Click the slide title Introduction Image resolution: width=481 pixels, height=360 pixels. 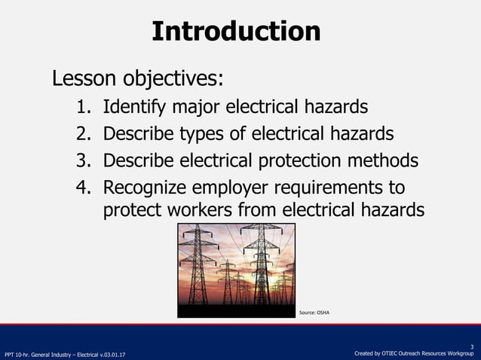click(236, 31)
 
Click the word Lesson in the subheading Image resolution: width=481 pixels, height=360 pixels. click(80, 78)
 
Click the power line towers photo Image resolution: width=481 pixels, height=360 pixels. click(235, 269)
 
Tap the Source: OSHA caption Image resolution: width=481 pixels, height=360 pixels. click(314, 312)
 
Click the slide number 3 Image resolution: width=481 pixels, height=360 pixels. click(471, 346)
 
